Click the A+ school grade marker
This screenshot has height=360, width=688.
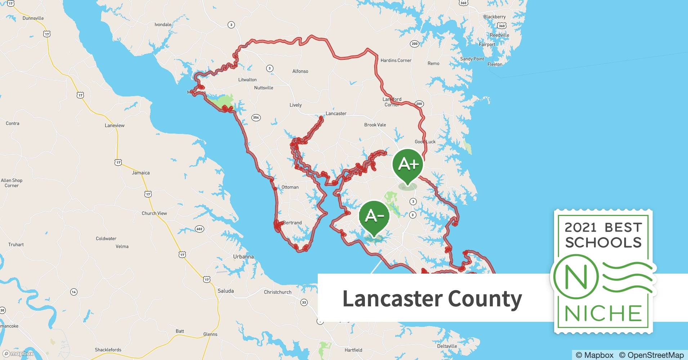408,165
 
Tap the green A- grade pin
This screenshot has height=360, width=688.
374,216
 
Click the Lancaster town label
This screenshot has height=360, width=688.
336,113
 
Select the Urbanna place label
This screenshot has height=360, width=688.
243,257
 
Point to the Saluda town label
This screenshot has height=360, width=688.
225,291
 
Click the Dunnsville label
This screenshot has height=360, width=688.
33,18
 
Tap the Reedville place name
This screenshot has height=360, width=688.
499,35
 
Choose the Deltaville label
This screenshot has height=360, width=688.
447,346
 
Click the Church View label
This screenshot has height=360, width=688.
154,213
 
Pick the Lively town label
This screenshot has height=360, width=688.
295,105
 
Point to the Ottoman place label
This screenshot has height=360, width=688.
290,187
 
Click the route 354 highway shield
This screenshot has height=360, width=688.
256,118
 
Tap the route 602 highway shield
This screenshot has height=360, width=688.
199,229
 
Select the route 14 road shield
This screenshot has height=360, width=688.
74,292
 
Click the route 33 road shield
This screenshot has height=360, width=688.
304,302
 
